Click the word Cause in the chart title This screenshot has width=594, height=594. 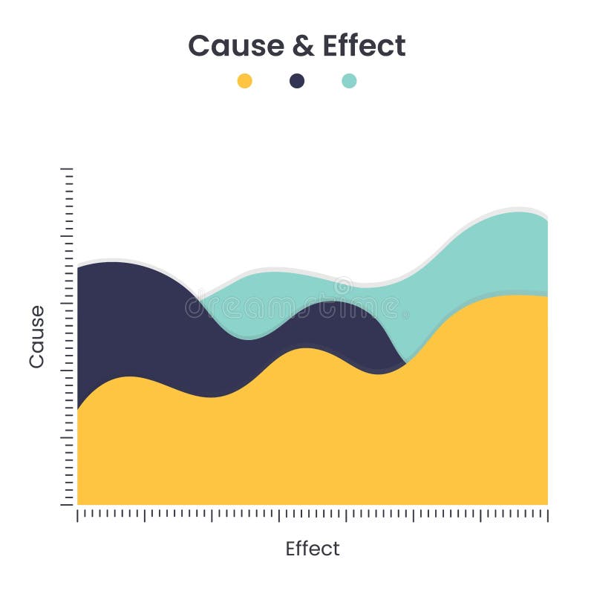point(235,46)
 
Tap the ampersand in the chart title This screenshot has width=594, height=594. point(303,46)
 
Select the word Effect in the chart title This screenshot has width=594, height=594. point(364,46)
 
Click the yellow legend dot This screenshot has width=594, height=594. point(244,81)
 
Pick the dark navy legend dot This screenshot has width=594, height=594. point(297,81)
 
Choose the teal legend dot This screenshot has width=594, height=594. point(349,81)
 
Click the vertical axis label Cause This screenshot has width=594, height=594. point(36,336)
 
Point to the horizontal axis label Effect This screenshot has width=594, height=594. point(313,549)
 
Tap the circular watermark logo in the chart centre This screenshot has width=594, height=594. point(342,286)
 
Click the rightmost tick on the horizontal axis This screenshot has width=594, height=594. point(548,515)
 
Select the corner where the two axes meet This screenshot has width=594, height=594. point(76,506)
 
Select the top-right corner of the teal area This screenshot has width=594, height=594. point(547,221)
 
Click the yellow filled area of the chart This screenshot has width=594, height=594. point(312,438)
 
